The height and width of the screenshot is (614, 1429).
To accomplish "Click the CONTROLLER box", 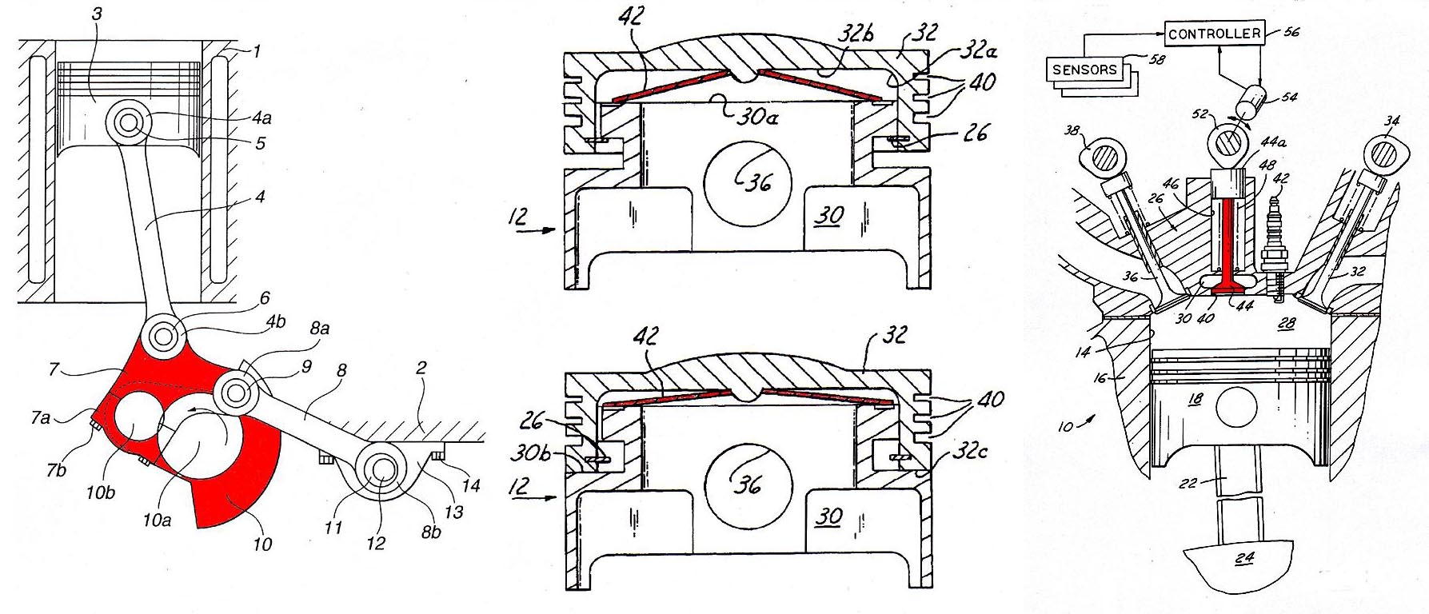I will pyautogui.click(x=1214, y=34).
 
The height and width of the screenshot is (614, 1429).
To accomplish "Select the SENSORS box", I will pyautogui.click(x=1084, y=70).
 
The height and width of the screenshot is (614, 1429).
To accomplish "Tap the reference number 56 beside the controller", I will pyautogui.click(x=1291, y=32).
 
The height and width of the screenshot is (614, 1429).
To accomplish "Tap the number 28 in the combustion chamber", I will pyautogui.click(x=1286, y=322).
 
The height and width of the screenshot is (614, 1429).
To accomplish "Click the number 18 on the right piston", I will pyautogui.click(x=1195, y=399).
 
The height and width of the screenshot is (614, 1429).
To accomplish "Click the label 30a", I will pyautogui.click(x=756, y=118).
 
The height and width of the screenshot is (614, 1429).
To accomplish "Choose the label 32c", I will pyautogui.click(x=971, y=453).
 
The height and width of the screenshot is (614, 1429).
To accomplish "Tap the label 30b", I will pyautogui.click(x=529, y=453).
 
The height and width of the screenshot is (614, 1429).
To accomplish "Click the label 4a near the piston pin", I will pyautogui.click(x=261, y=119).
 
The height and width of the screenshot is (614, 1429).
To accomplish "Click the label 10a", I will pyautogui.click(x=157, y=520).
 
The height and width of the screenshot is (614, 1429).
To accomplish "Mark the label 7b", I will pyautogui.click(x=56, y=469).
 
